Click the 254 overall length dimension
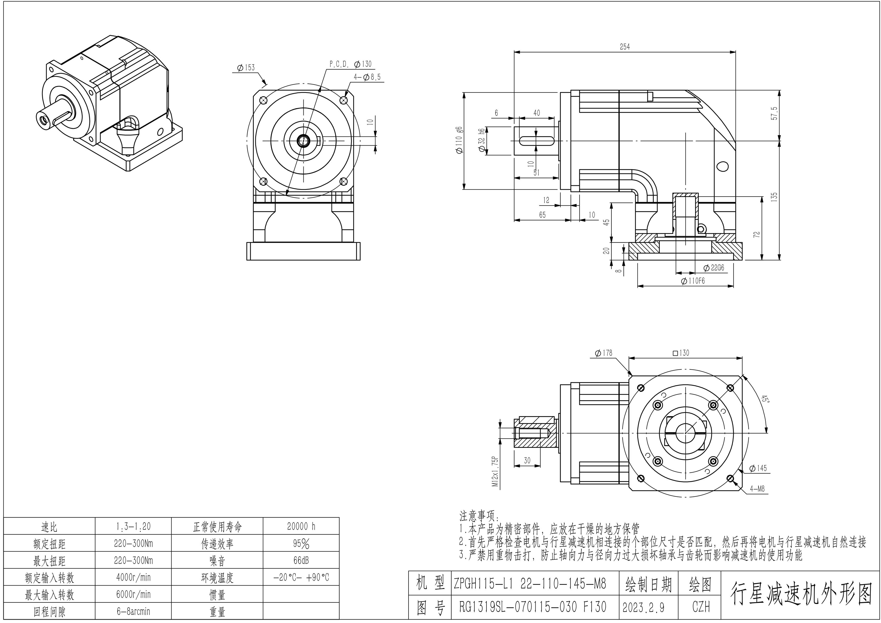coord(625,47)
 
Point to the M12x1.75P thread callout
coord(495,471)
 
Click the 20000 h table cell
coord(301,526)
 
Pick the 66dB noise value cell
coord(301,560)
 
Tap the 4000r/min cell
coord(133,577)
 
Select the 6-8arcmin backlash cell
coord(133,611)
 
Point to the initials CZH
coord(701,607)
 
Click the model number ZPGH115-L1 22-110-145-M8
coord(530,584)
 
